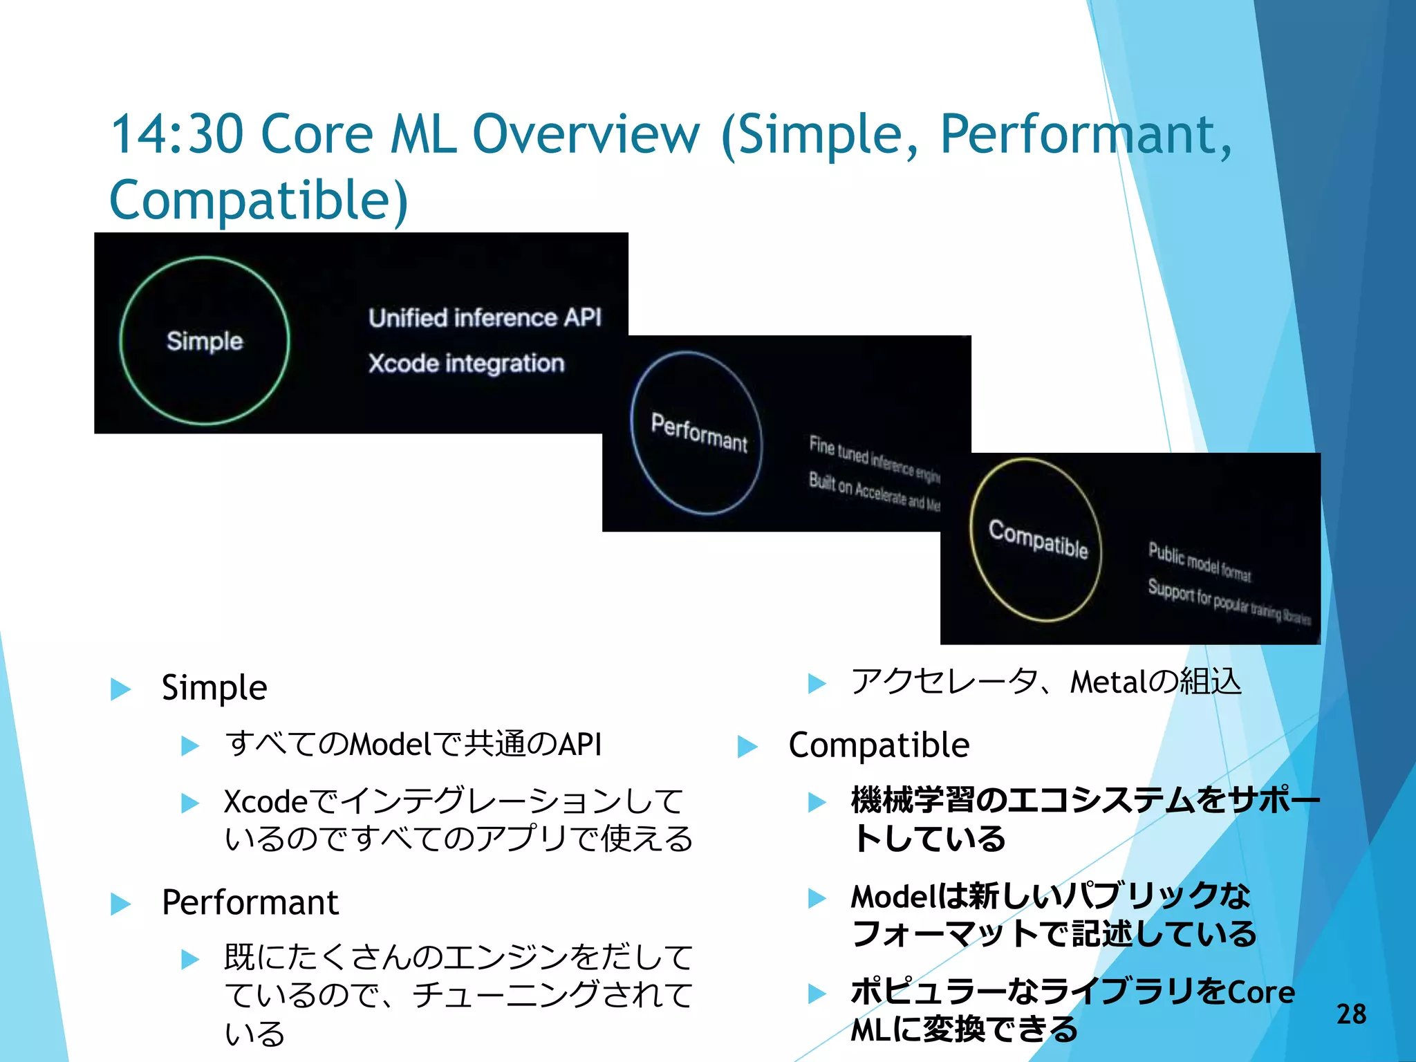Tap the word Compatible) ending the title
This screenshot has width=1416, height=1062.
click(259, 201)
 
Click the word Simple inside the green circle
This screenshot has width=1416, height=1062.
click(205, 341)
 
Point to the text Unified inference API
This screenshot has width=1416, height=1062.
click(485, 318)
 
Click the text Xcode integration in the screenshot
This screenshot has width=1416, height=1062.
click(466, 364)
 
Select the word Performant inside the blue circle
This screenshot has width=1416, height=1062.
click(699, 433)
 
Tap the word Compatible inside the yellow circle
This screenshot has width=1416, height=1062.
click(1038, 539)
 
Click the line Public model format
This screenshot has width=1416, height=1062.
click(1199, 562)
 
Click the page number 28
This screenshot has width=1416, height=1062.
click(1351, 1014)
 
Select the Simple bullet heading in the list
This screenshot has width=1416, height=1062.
click(214, 688)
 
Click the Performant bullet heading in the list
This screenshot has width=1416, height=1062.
click(250, 903)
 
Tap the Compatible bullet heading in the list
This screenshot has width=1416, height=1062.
click(879, 745)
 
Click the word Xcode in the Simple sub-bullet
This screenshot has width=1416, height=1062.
click(265, 802)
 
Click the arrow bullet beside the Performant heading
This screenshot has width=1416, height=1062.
click(121, 904)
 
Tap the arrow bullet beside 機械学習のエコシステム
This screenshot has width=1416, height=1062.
click(817, 802)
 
